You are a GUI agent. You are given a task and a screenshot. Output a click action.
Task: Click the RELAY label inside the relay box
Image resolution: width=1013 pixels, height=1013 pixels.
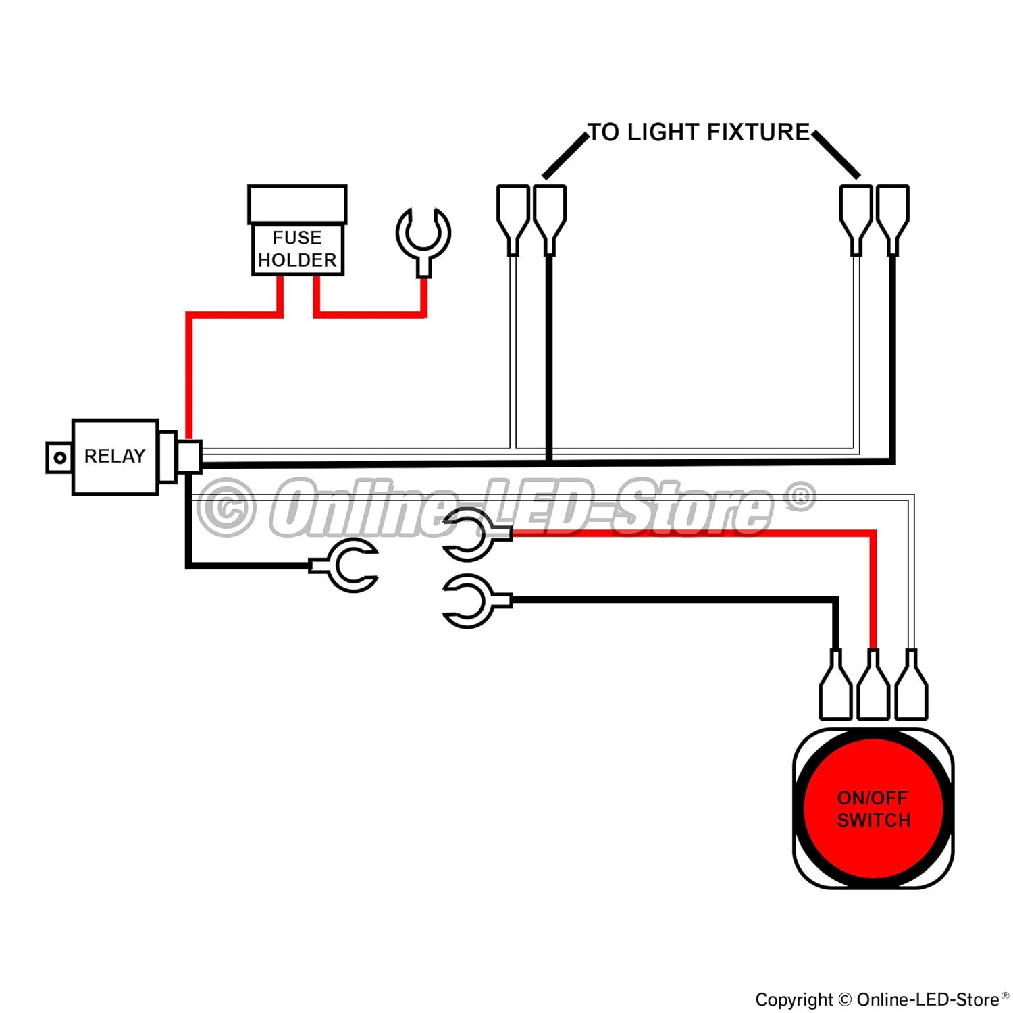coord(115,457)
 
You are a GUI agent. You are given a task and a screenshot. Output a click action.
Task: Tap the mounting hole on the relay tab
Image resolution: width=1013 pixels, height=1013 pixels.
coord(59,458)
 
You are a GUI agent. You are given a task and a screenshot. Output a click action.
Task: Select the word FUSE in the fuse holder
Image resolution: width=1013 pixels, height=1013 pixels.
coord(297,238)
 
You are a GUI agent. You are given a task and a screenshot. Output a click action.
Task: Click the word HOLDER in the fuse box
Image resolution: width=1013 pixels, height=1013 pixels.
coord(297,260)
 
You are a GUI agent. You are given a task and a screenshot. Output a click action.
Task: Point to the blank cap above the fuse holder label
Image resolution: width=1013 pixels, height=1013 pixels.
coord(297,204)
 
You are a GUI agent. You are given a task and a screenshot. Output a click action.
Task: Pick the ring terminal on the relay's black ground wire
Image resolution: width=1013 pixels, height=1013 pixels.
coord(344,566)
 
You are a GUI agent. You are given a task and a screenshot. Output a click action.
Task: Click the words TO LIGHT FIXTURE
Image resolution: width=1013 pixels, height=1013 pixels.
coord(699,132)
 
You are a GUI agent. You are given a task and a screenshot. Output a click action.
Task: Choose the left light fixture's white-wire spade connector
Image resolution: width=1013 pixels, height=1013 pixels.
coord(513,220)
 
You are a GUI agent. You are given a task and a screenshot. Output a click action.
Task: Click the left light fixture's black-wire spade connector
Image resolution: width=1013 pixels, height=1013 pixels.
coord(550,220)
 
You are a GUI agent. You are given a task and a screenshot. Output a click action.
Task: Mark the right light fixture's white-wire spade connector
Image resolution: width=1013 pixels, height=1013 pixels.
coord(856,220)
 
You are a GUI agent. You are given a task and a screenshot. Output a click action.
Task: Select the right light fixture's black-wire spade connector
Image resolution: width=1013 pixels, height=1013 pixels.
coord(893,220)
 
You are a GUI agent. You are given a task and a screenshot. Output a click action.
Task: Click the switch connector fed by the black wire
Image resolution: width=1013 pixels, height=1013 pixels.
coord(835,684)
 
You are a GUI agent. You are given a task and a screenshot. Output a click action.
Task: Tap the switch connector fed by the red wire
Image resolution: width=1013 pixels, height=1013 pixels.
coord(873,684)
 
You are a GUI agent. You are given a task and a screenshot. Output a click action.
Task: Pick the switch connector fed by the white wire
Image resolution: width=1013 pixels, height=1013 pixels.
coord(911,684)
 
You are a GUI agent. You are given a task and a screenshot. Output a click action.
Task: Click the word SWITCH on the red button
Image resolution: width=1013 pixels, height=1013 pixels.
coord(874,821)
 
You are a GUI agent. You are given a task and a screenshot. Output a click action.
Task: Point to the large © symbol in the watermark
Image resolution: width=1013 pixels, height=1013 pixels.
coord(227,507)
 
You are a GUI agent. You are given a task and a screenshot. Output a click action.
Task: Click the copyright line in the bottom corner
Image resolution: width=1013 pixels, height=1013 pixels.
coord(882,999)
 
